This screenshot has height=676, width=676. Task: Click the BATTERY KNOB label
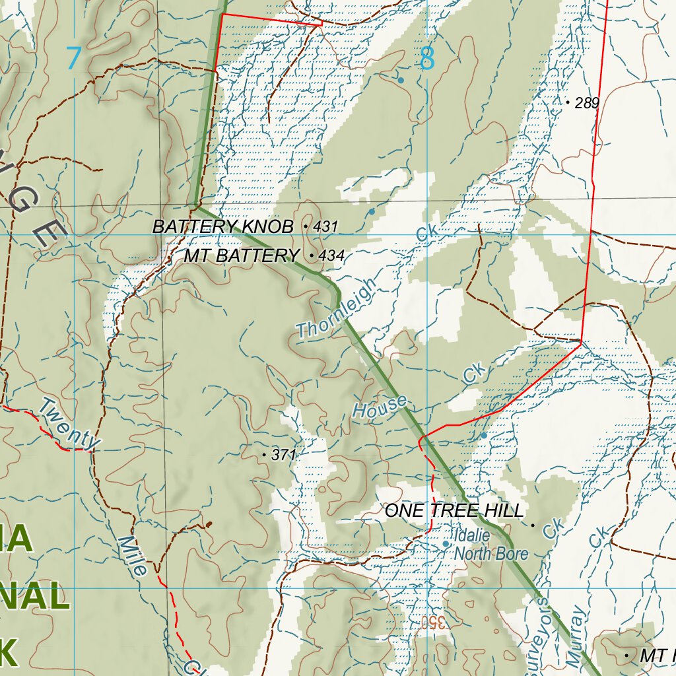(x=222, y=226)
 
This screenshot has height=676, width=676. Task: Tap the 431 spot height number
(x=325, y=226)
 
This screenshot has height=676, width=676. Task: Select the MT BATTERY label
(x=241, y=255)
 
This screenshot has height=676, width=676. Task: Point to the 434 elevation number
(x=331, y=255)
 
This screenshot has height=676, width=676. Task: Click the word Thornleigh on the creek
(x=336, y=308)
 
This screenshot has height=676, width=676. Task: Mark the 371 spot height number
(x=284, y=455)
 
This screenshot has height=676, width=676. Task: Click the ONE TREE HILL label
(x=454, y=510)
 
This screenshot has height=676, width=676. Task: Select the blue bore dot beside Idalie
(x=446, y=544)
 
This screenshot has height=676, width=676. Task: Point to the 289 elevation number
(x=587, y=103)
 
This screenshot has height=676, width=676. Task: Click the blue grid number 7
(x=73, y=58)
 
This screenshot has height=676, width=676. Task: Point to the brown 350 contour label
(x=434, y=622)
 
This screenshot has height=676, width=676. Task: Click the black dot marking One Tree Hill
(x=533, y=525)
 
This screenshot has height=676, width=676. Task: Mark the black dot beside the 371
(x=265, y=455)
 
